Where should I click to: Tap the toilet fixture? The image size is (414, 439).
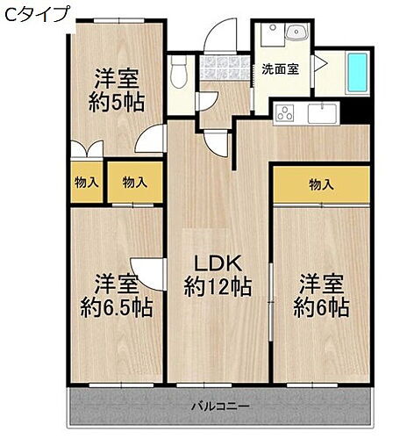click(179, 72)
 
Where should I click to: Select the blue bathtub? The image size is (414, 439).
click(358, 72)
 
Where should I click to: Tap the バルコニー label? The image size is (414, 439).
click(221, 406)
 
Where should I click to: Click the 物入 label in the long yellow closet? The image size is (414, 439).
click(321, 184)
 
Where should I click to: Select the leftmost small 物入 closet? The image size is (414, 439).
click(86, 183)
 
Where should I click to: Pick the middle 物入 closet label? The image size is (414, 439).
click(134, 183)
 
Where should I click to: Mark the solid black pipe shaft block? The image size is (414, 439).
click(355, 112)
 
